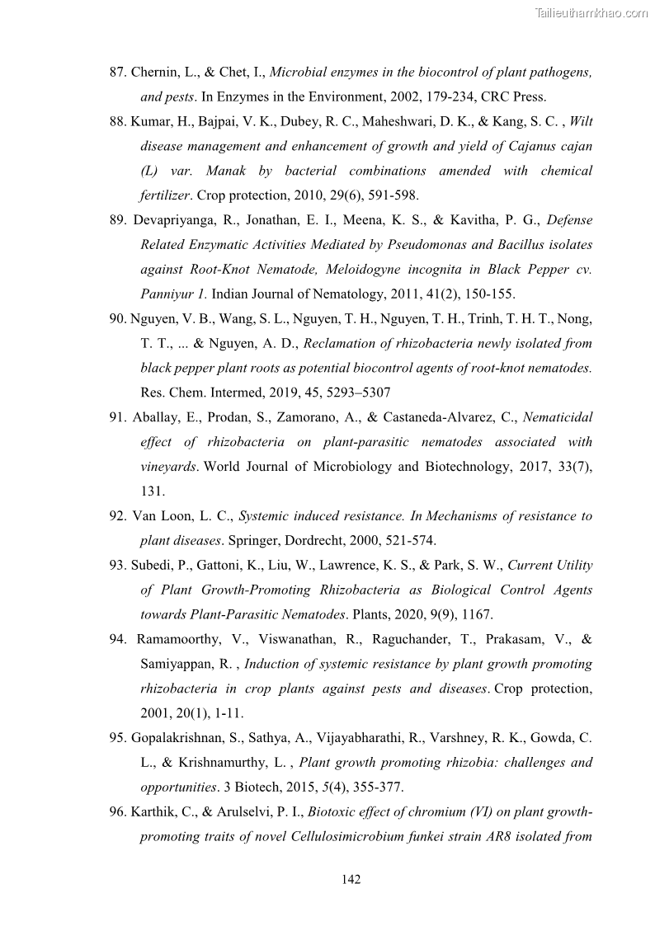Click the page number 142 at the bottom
pos(351,879)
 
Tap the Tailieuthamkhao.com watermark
pos(591,12)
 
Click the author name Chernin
pos(157,73)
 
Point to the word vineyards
pos(167,467)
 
